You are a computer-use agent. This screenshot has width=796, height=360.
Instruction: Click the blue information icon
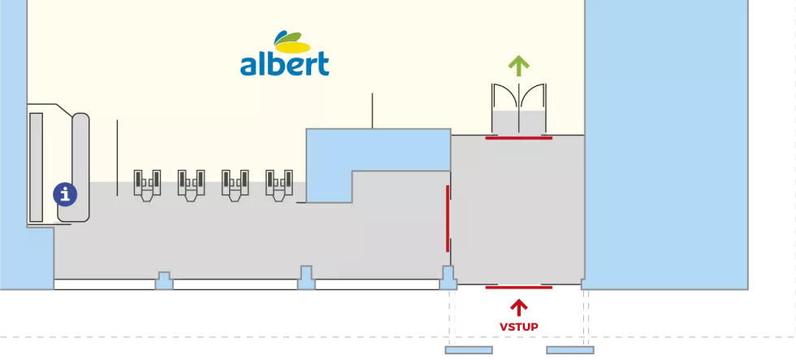tap(65, 194)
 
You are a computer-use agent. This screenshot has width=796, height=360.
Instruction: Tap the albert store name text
tap(284, 63)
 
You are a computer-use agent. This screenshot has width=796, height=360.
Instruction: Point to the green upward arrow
tap(518, 65)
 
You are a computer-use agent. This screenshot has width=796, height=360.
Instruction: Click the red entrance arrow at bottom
tap(518, 306)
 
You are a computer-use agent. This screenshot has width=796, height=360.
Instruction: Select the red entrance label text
tap(518, 326)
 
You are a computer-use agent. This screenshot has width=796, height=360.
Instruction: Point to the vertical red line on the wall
tap(447, 218)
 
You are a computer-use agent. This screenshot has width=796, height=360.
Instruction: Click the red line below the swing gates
tap(518, 138)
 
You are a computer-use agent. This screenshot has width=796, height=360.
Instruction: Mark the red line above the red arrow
tap(518, 287)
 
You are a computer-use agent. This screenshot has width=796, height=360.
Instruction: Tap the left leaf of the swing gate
tap(505, 101)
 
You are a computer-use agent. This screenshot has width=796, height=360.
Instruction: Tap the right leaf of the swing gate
tap(532, 101)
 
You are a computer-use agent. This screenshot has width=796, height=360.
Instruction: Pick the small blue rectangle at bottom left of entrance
tap(468, 351)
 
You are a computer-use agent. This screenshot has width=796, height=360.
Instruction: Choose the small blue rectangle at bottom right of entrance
tap(571, 351)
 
